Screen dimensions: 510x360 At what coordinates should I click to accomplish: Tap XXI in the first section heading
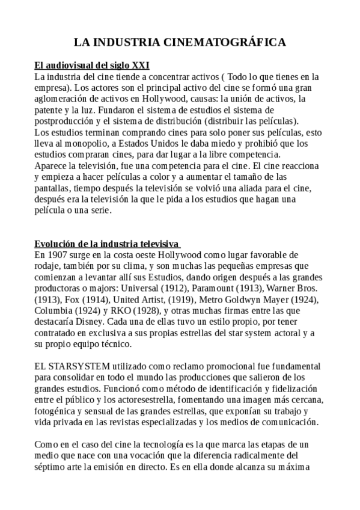click(x=139, y=64)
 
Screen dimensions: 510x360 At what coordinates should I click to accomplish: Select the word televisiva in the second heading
click(x=159, y=244)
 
